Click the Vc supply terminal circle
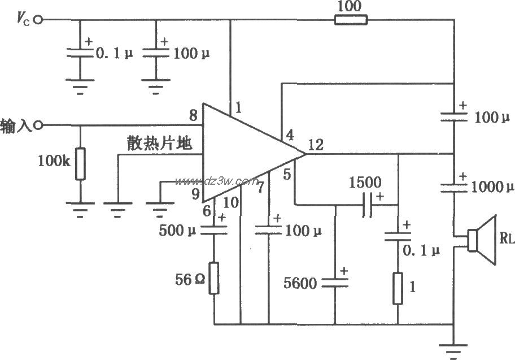tap(38, 20)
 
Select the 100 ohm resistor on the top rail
tap(351, 20)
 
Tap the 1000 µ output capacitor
tap(455, 185)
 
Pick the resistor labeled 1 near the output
tap(398, 288)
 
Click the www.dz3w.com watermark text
tap(216, 181)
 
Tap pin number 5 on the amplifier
tap(286, 175)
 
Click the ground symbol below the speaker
tap(455, 350)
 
